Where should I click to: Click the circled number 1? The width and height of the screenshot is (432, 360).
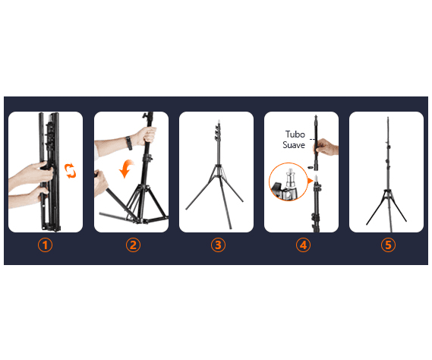click(x=46, y=245)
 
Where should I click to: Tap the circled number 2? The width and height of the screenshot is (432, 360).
click(x=133, y=245)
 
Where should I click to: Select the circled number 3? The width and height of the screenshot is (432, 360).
click(x=218, y=245)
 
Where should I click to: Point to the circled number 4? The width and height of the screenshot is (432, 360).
click(x=303, y=245)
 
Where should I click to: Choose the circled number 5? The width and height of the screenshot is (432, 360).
click(x=388, y=245)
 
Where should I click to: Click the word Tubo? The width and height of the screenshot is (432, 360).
click(x=295, y=134)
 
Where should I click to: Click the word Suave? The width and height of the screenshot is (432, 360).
click(x=294, y=145)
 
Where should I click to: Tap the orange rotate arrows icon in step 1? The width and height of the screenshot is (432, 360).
click(x=70, y=171)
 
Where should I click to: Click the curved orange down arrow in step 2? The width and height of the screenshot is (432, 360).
click(x=126, y=168)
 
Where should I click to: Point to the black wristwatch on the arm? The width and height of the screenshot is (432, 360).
click(x=128, y=143)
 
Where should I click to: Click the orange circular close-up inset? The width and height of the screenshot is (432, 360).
click(x=288, y=182)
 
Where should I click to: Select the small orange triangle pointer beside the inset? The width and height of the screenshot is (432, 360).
click(x=311, y=181)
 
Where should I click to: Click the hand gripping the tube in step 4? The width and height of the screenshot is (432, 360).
click(x=326, y=147)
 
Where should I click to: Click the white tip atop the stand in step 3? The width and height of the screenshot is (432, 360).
click(x=219, y=121)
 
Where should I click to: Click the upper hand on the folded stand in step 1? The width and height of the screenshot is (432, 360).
click(x=33, y=173)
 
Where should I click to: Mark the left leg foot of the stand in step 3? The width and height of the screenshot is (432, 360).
click(x=187, y=209)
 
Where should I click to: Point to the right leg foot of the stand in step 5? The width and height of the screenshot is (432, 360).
click(x=405, y=220)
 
